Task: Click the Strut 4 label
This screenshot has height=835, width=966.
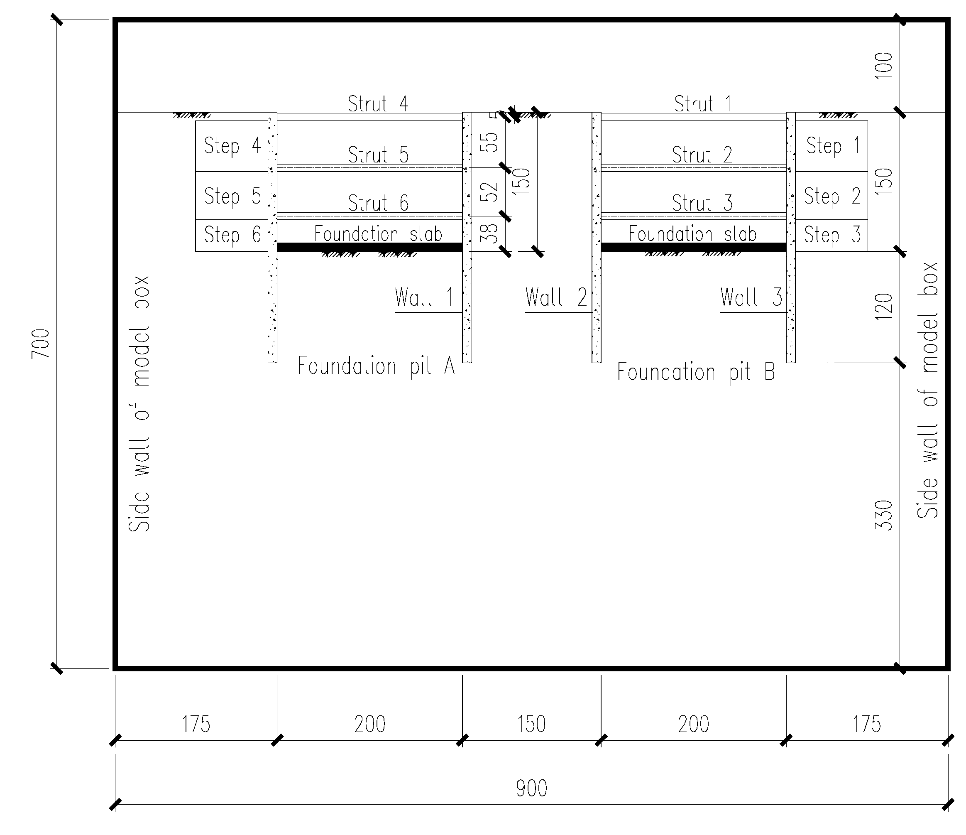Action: [x=378, y=103]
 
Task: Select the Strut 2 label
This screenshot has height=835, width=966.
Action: [x=702, y=155]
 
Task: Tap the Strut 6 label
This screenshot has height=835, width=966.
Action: [x=378, y=203]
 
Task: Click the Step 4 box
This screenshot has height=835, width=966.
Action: [x=232, y=146]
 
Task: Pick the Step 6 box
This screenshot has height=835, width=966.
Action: [x=232, y=235]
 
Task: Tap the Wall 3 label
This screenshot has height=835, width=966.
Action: [x=751, y=297]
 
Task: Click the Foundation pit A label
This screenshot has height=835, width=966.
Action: [x=376, y=366]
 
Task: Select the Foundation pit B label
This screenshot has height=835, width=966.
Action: [x=696, y=372]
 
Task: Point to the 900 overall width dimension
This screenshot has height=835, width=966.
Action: [x=531, y=789]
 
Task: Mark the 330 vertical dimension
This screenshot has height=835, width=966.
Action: [x=883, y=515]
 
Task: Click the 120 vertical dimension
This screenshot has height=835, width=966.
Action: [x=883, y=307]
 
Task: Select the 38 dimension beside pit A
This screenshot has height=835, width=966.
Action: [x=489, y=233]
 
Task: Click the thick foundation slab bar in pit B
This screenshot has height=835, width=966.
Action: [x=693, y=247]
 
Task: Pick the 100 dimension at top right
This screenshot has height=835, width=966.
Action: [x=883, y=65]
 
